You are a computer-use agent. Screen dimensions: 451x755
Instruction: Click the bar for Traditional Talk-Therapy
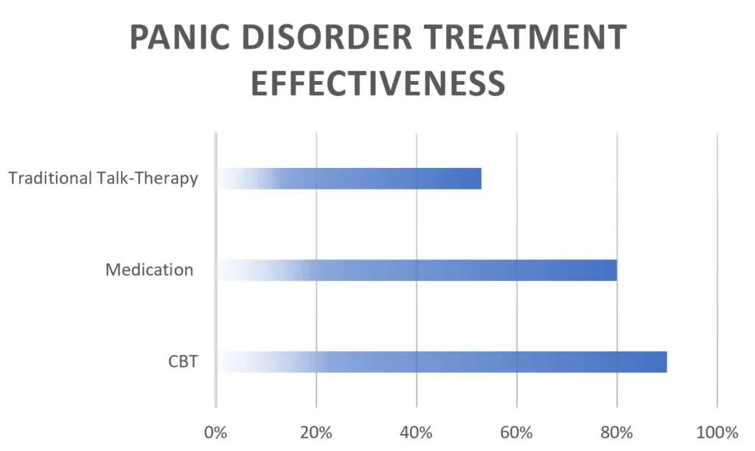pos(349,178)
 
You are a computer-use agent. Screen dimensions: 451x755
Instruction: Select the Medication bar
pos(417,270)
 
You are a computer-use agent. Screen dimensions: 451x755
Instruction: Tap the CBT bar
pos(442,362)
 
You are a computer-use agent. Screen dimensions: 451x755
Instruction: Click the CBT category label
pos(182,362)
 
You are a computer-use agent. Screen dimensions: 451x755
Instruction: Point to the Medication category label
pos(149,270)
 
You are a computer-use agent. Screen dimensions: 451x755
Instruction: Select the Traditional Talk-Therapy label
pos(102,178)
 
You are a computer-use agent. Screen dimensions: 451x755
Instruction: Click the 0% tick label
pos(216,432)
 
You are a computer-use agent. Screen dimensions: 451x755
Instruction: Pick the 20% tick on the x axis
pos(316,432)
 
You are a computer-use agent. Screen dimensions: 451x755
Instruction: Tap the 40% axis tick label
pos(417,432)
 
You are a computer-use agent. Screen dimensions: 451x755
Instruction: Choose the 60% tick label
pos(517,432)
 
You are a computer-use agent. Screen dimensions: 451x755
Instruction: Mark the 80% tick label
pos(617,432)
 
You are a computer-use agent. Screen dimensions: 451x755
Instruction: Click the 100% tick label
pos(717,432)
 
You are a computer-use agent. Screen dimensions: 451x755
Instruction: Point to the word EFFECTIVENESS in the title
pos(377,83)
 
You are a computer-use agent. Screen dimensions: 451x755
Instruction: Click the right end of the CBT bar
pos(665,362)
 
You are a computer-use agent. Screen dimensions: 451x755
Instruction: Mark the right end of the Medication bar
pos(615,270)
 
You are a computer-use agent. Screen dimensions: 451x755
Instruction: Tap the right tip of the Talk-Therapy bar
pos(479,178)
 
